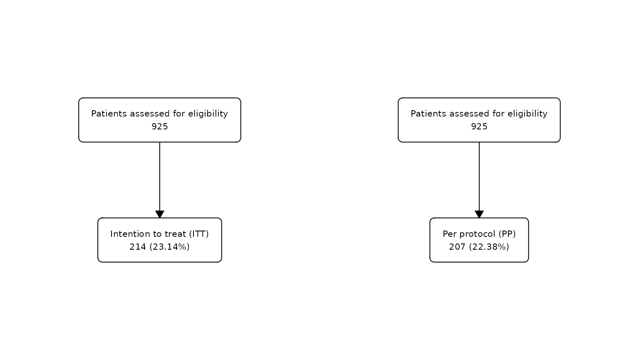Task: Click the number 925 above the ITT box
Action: (160, 127)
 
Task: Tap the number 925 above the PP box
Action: (479, 127)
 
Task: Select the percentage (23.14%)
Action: (169, 247)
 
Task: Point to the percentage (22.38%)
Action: (489, 247)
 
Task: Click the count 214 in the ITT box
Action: (138, 247)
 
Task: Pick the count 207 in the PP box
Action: (457, 247)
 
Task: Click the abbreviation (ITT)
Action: (199, 234)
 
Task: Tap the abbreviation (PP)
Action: (507, 234)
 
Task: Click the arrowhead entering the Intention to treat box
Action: (160, 214)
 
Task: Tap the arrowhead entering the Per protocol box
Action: (479, 214)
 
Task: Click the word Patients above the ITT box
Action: (109, 114)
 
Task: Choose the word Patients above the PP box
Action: (428, 114)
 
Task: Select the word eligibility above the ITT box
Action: (208, 114)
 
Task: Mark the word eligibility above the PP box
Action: (528, 114)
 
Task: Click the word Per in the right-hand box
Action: (448, 234)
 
